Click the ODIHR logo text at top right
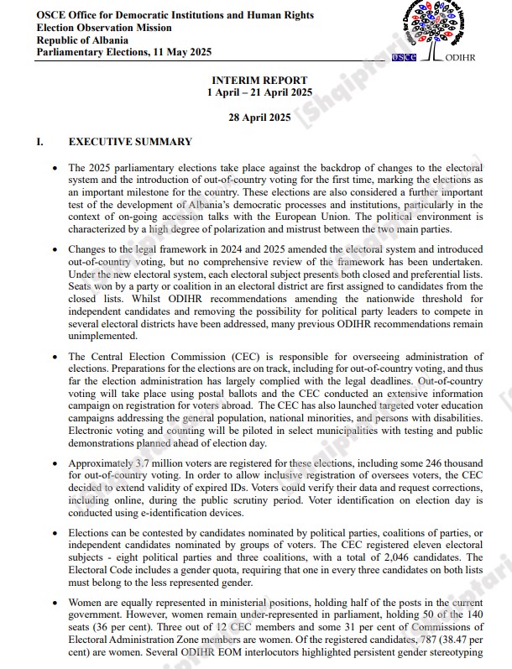pyautogui.click(x=460, y=59)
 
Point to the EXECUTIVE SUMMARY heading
pyautogui.click(x=130, y=142)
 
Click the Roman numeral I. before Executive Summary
pyautogui.click(x=40, y=142)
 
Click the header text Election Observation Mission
pyautogui.click(x=104, y=28)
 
